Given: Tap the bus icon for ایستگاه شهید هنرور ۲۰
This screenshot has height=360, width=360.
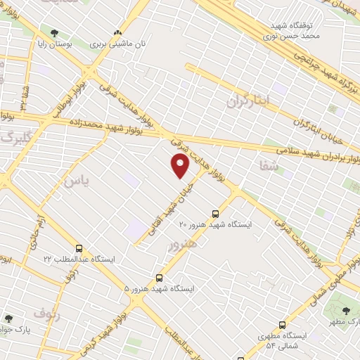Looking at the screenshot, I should tap(215, 214).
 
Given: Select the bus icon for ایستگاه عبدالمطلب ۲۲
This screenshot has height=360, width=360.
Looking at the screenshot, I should tap(79, 247).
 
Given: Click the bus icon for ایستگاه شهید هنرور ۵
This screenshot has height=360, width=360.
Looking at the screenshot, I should tap(160, 278).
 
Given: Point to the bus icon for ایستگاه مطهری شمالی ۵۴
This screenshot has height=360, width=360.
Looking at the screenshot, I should tap(282, 325).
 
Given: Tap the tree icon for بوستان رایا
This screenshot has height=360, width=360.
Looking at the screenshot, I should tap(54, 33).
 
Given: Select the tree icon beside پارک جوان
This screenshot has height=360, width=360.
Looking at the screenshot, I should tap(8, 318).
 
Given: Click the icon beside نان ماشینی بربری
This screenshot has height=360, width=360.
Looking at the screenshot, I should tap(118, 32).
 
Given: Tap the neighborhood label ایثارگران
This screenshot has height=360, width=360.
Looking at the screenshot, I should tap(247, 101).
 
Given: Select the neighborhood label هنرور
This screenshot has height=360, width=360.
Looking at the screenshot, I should tap(182, 243).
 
